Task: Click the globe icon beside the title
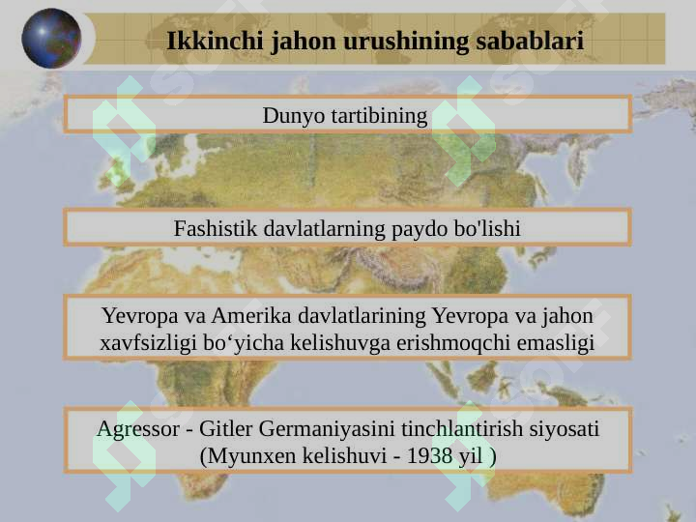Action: [51, 38]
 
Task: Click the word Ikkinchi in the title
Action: [215, 41]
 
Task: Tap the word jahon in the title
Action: [304, 41]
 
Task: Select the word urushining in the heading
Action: [406, 42]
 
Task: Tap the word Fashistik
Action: [216, 228]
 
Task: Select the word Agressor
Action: [138, 429]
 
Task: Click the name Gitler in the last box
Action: [225, 429]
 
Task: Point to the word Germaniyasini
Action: [327, 429]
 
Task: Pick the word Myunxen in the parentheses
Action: [251, 456]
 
